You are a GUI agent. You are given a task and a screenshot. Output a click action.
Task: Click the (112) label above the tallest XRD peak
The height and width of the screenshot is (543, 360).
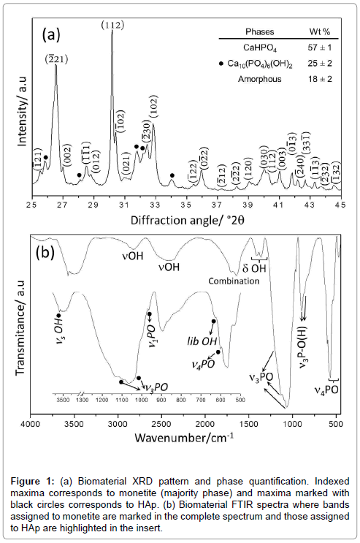pos(112,26)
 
